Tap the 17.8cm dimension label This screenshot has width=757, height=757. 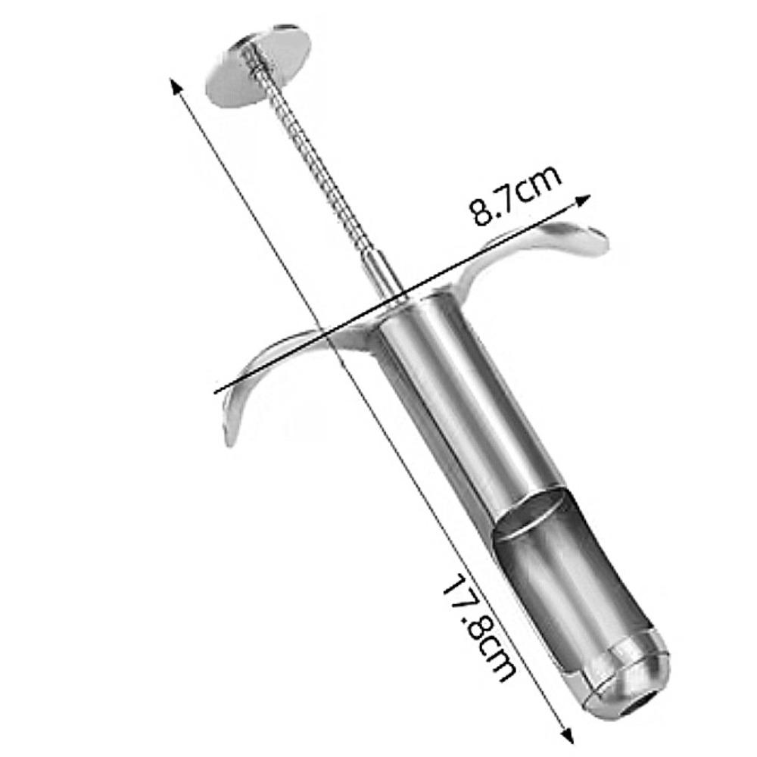point(478,628)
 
